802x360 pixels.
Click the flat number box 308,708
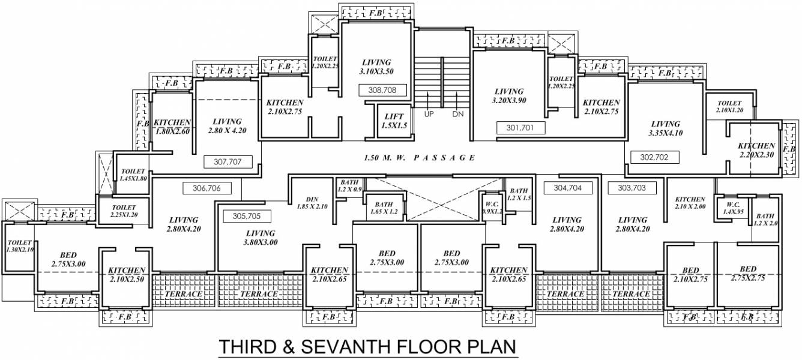[384, 91]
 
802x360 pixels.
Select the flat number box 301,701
[521, 127]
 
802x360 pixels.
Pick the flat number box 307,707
[228, 161]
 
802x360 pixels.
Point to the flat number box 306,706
[207, 188]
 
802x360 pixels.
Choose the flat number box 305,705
[248, 215]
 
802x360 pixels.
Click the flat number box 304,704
[567, 187]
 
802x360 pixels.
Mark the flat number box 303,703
[632, 187]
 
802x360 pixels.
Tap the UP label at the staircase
[429, 114]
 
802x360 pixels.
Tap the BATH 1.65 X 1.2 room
[385, 208]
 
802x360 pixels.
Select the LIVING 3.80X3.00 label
[260, 238]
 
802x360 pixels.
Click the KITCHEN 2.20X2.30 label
[756, 150]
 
